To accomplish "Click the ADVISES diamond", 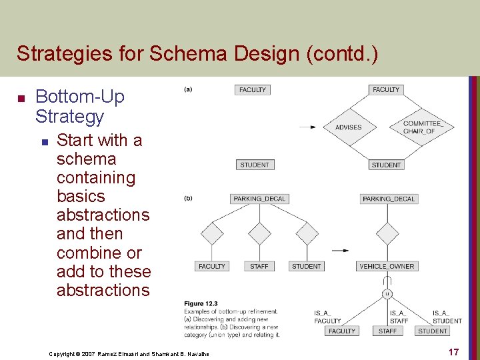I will coord(349,127).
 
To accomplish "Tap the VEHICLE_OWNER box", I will coord(387,266).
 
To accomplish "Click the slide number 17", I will coord(453,352).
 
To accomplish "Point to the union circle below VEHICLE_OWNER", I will coord(387,293).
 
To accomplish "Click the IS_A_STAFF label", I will coord(398,317).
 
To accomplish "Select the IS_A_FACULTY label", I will coord(327,317).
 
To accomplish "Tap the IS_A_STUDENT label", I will coord(446,317).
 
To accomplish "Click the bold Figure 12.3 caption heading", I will coord(201,304).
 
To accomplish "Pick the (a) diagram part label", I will coord(188,89).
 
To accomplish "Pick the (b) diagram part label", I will coord(188,198).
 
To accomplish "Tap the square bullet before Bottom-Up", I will coord(21,99).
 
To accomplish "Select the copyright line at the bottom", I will coord(129,353).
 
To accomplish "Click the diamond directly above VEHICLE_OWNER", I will coord(387,233).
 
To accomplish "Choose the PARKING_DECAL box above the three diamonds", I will coord(259,199).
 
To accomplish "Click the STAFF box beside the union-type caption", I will coord(387,331).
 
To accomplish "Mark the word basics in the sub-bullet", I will coord(81,196).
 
